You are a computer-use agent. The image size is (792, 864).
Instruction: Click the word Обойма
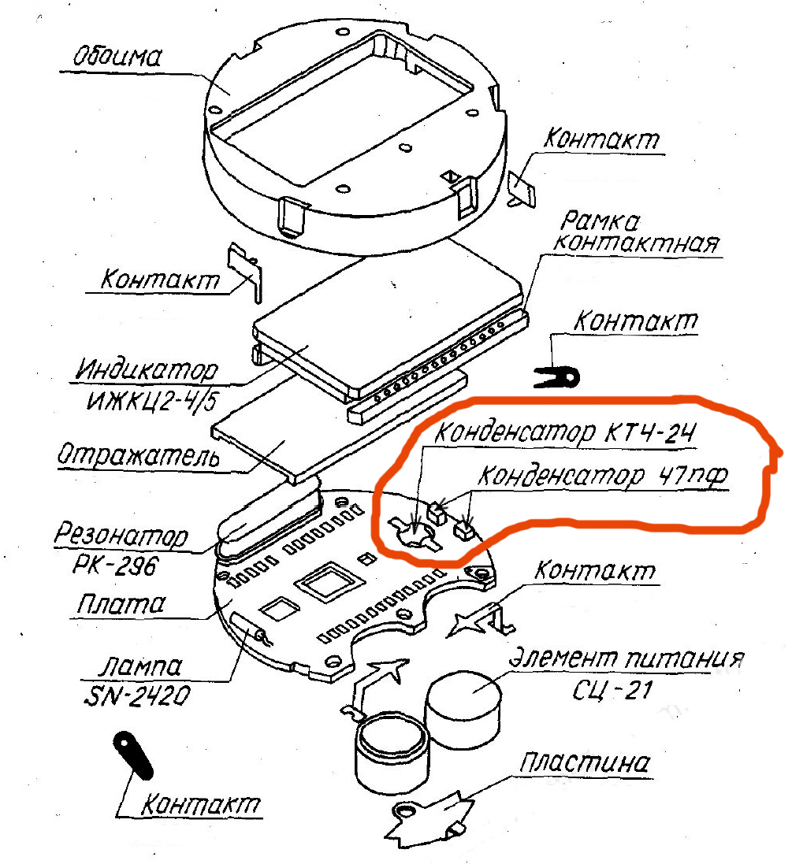tap(117, 57)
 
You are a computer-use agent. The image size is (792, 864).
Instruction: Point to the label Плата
tap(121, 604)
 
